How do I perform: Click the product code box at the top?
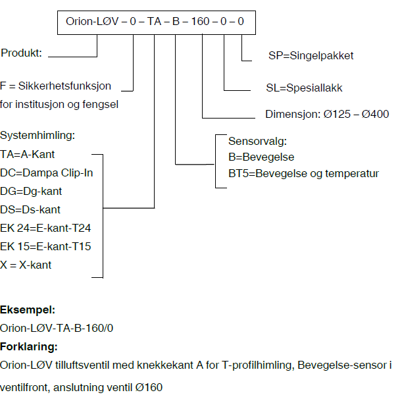coord(155,22)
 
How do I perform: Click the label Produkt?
coord(22,53)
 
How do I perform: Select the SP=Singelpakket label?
coord(311,55)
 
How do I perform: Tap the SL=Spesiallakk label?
coord(304,88)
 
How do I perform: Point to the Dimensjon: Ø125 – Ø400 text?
coord(327,113)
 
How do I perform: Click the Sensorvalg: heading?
coord(258,142)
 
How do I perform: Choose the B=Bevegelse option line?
coord(261,157)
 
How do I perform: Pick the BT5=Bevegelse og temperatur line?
coord(303,174)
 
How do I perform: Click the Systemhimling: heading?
coord(38,136)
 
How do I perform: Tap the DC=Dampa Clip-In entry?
coord(47,173)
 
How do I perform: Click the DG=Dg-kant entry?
coord(31,191)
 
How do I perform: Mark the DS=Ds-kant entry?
coord(30,209)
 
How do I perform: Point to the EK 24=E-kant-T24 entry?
coord(45,228)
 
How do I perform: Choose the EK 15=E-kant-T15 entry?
coord(45,246)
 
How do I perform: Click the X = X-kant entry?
coord(26,265)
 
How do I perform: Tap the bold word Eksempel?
coord(28,309)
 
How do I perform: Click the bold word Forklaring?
coord(29,346)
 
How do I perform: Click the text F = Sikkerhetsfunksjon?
coord(56,86)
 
